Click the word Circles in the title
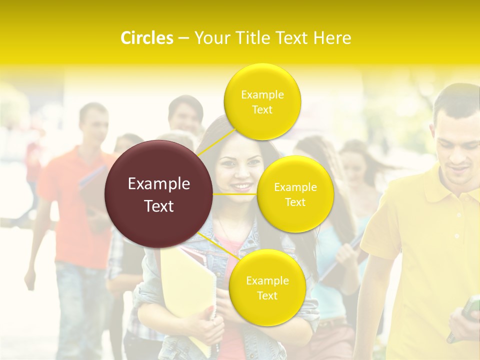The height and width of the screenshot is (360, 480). pyautogui.click(x=146, y=38)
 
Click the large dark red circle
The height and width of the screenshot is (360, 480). pyautogui.click(x=159, y=194)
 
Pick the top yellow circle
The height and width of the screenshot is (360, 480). pyautogui.click(x=262, y=101)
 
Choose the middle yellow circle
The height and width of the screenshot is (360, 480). pyautogui.click(x=295, y=194)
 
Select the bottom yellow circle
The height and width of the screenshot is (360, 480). pyautogui.click(x=267, y=287)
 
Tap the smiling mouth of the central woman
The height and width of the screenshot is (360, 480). pyautogui.click(x=241, y=187)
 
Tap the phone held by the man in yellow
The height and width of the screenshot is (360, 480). pyautogui.click(x=470, y=307)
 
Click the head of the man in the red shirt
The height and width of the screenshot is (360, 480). pyautogui.click(x=93, y=122)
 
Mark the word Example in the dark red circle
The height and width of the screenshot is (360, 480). pyautogui.click(x=159, y=184)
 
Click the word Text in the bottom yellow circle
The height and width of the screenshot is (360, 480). pyautogui.click(x=267, y=295)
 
